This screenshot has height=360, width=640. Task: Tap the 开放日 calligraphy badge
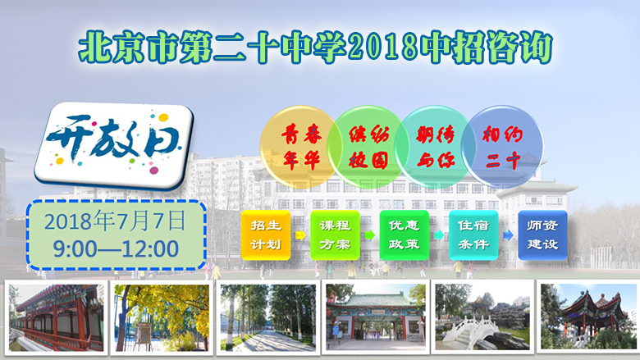click(x=114, y=145)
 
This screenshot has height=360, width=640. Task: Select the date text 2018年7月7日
click(x=116, y=221)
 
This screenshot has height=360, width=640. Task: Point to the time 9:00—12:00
click(x=116, y=248)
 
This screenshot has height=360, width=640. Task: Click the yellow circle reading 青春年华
click(x=301, y=146)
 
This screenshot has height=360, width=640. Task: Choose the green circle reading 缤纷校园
click(x=368, y=146)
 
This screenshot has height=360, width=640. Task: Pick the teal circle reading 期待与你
click(x=435, y=146)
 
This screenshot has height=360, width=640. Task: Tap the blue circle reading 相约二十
click(x=502, y=146)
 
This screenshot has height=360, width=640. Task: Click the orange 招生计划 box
click(x=266, y=235)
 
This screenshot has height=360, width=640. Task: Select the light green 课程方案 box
click(x=335, y=235)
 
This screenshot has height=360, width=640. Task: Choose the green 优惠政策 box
click(x=404, y=235)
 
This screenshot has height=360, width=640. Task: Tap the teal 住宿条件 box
click(x=473, y=235)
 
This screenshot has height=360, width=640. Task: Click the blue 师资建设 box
click(x=543, y=235)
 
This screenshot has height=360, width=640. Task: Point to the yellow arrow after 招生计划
click(x=300, y=235)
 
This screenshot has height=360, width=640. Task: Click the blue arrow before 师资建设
click(x=508, y=235)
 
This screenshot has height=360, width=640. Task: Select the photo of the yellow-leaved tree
click(x=162, y=317)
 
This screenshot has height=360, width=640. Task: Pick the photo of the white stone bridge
click(x=482, y=317)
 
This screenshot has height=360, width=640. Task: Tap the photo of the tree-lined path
click(x=268, y=317)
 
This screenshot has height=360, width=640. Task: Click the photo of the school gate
click(x=376, y=317)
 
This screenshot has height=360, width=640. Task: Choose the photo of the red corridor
click(x=57, y=317)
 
